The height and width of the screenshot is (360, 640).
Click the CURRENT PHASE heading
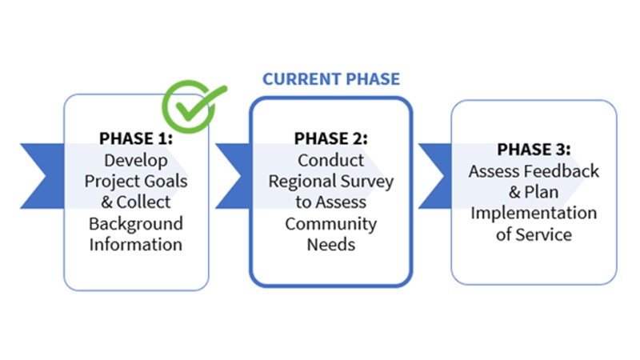click(331, 79)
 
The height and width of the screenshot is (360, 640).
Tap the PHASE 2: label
click(331, 139)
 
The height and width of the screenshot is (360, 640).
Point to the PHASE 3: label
click(534, 150)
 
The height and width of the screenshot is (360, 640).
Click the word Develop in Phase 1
click(136, 160)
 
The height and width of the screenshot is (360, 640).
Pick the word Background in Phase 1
click(136, 222)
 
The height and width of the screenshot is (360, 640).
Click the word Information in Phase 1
click(136, 243)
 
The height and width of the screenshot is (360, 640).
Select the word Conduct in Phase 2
click(331, 160)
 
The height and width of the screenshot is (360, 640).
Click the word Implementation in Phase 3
click(534, 214)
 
